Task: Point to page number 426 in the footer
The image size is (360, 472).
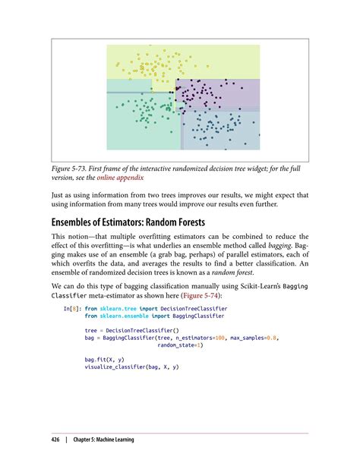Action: point(55,439)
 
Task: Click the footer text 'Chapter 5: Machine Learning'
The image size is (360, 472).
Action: point(104,439)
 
